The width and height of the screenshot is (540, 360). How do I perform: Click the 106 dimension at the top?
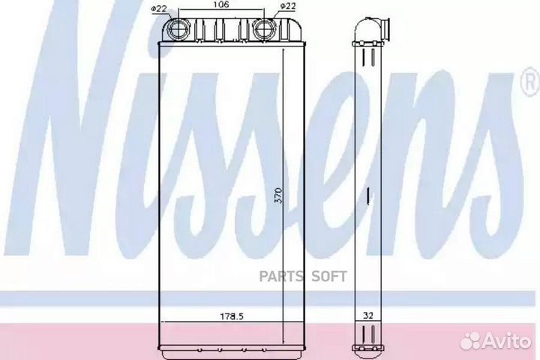(x=221, y=5)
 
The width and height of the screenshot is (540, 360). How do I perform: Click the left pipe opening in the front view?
(x=180, y=29)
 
